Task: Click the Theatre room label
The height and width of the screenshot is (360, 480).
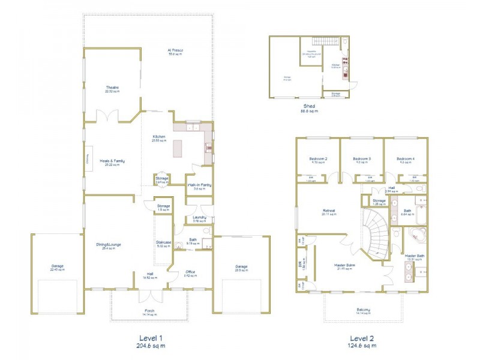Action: tap(112, 88)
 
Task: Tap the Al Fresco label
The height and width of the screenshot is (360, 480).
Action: tap(175, 50)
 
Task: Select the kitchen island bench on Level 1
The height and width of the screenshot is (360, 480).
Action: tap(178, 148)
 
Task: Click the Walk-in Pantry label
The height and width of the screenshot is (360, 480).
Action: tap(198, 185)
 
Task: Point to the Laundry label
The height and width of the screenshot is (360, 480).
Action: tap(200, 217)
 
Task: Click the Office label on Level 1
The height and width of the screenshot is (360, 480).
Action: tap(191, 272)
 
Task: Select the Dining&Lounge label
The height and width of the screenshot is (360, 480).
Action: tap(110, 244)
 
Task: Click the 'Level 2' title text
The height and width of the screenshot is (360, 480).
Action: tap(363, 337)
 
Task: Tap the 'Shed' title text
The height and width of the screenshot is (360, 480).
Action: tap(310, 106)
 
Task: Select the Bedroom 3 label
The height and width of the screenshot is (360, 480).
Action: tap(362, 158)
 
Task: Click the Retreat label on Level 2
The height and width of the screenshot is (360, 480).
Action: tap(328, 211)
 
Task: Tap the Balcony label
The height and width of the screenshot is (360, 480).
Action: tap(363, 310)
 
